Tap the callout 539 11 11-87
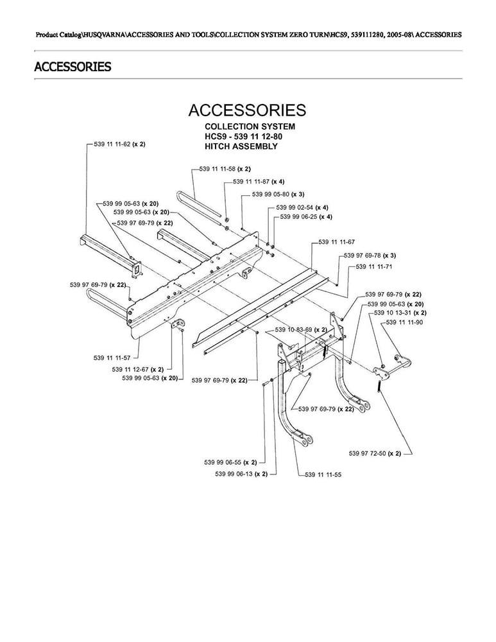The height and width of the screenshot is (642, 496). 251,182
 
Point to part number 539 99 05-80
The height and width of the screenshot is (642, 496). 270,194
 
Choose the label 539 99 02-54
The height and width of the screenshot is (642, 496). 295,207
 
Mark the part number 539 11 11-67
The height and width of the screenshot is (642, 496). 337,242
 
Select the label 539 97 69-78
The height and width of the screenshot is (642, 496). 362,256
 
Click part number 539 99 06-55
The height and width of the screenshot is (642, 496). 228,462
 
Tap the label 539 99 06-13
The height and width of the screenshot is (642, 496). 234,474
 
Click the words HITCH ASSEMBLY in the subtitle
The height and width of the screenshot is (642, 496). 241,146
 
